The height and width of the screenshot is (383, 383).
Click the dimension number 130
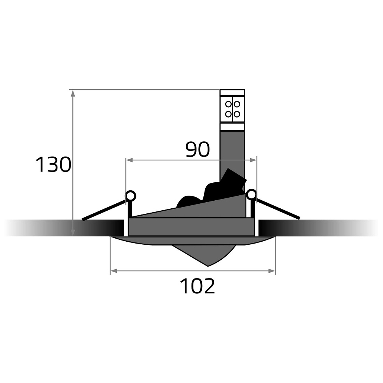[x=54, y=165]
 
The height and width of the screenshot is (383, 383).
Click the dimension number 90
[x=198, y=149]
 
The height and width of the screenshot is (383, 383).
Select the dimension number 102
[x=197, y=286]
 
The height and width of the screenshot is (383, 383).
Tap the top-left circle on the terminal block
[x=228, y=104]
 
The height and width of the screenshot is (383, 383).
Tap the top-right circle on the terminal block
[x=237, y=104]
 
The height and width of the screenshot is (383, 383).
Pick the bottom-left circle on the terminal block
[x=228, y=114]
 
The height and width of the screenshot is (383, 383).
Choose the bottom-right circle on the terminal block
[x=237, y=114]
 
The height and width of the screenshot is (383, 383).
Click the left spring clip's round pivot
[x=131, y=196]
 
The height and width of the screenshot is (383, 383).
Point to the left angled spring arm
[x=104, y=210]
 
